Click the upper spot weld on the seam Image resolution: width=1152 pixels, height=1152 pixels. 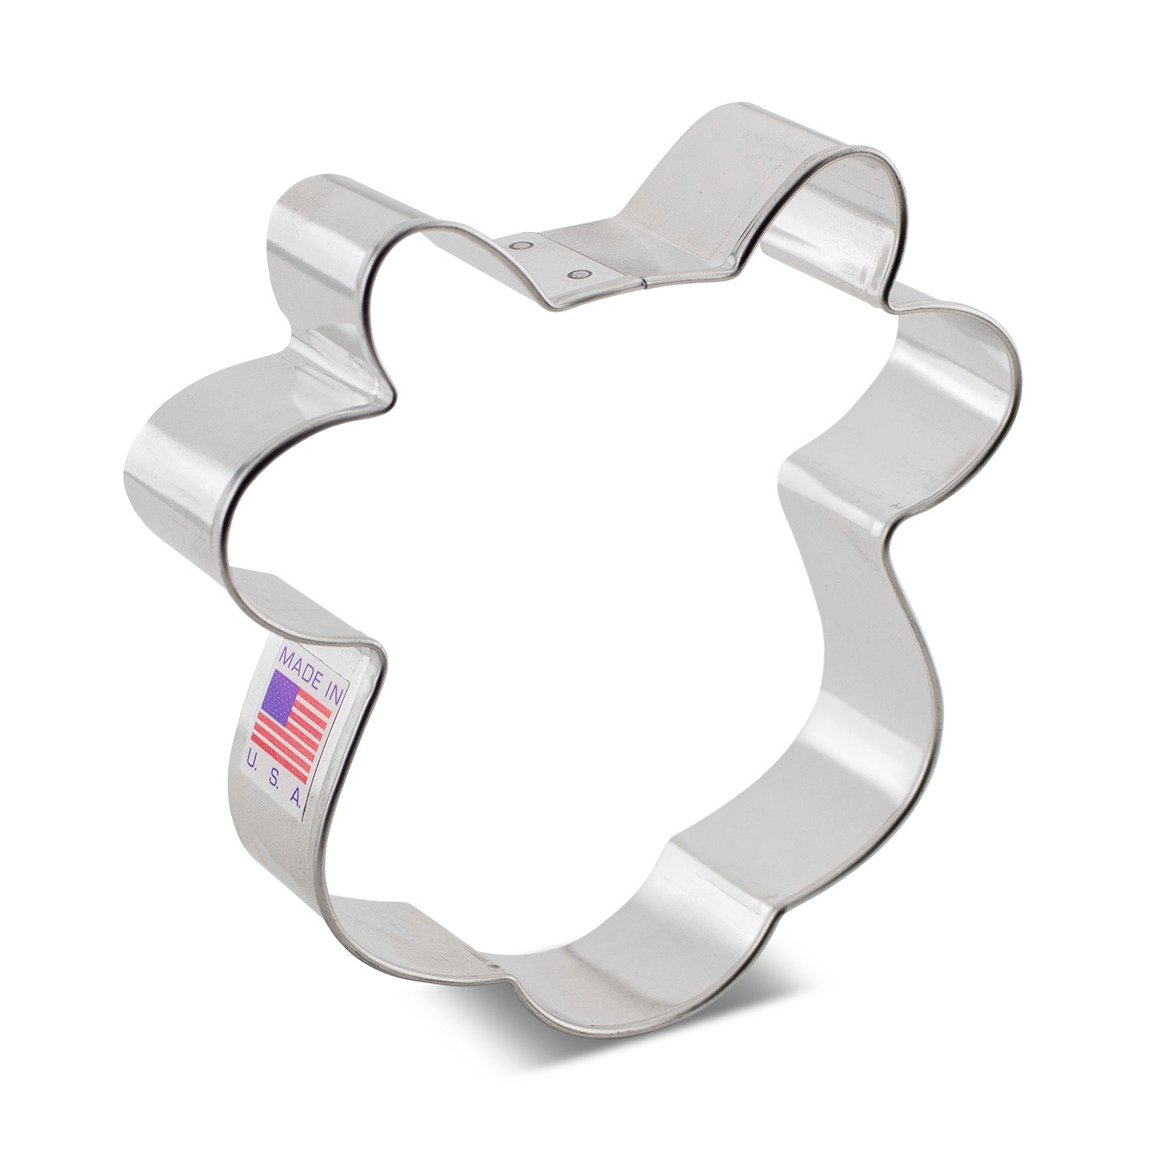click(523, 246)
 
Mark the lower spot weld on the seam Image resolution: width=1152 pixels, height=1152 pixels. click(578, 272)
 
